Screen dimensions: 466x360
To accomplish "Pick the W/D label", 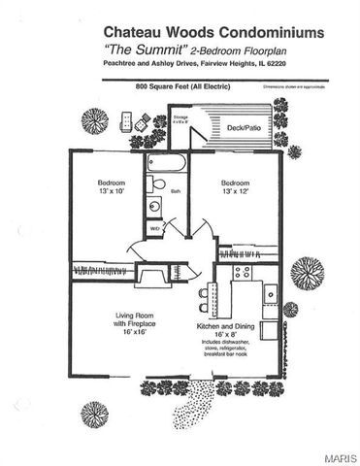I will point(154,229).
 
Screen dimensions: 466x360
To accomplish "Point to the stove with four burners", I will point(241,273).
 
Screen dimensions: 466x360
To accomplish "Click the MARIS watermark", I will point(340,455).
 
